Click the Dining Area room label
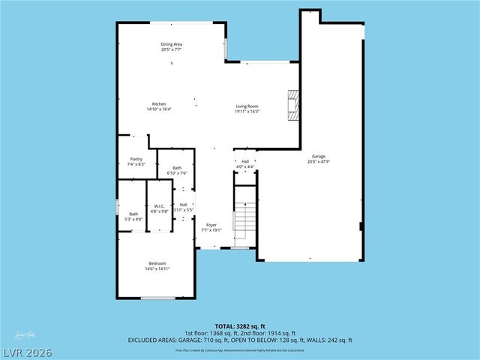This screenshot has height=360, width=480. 171,44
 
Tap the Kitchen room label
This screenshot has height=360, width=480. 159,104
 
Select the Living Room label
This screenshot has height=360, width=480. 247,106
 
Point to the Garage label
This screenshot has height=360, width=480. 318,156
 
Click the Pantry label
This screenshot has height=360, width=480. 136,159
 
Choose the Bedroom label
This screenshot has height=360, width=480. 157,263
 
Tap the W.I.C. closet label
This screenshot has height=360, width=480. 159,206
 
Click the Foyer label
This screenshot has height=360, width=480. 211,224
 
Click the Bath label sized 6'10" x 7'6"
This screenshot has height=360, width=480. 177,168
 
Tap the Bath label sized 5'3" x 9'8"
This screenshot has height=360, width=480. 133,214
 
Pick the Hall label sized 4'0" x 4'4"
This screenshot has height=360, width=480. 245,161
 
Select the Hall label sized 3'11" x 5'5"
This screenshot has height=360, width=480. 183,205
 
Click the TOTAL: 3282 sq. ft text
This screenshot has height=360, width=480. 240,326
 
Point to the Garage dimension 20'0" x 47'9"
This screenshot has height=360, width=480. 318,161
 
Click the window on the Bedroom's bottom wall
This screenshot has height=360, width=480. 157,298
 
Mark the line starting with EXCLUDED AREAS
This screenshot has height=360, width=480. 240,340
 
